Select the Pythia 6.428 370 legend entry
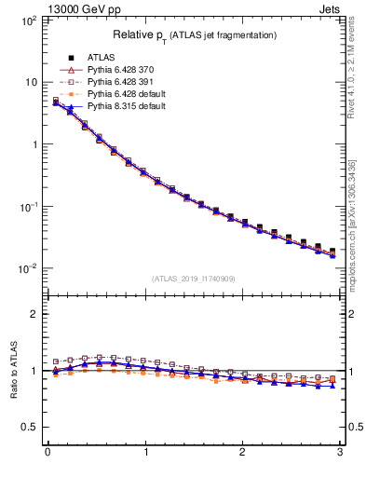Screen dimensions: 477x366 121,70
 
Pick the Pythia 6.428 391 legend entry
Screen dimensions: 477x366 121,82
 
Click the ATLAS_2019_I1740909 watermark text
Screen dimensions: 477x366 195,279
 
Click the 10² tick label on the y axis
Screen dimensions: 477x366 27,20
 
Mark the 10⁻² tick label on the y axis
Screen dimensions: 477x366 27,268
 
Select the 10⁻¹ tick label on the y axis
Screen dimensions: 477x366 27,206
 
